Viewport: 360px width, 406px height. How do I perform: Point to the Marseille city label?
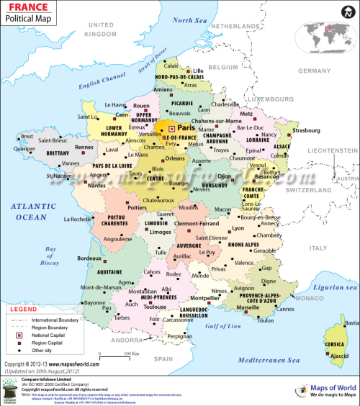(247, 307)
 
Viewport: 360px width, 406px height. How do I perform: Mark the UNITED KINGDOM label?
(100, 30)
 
